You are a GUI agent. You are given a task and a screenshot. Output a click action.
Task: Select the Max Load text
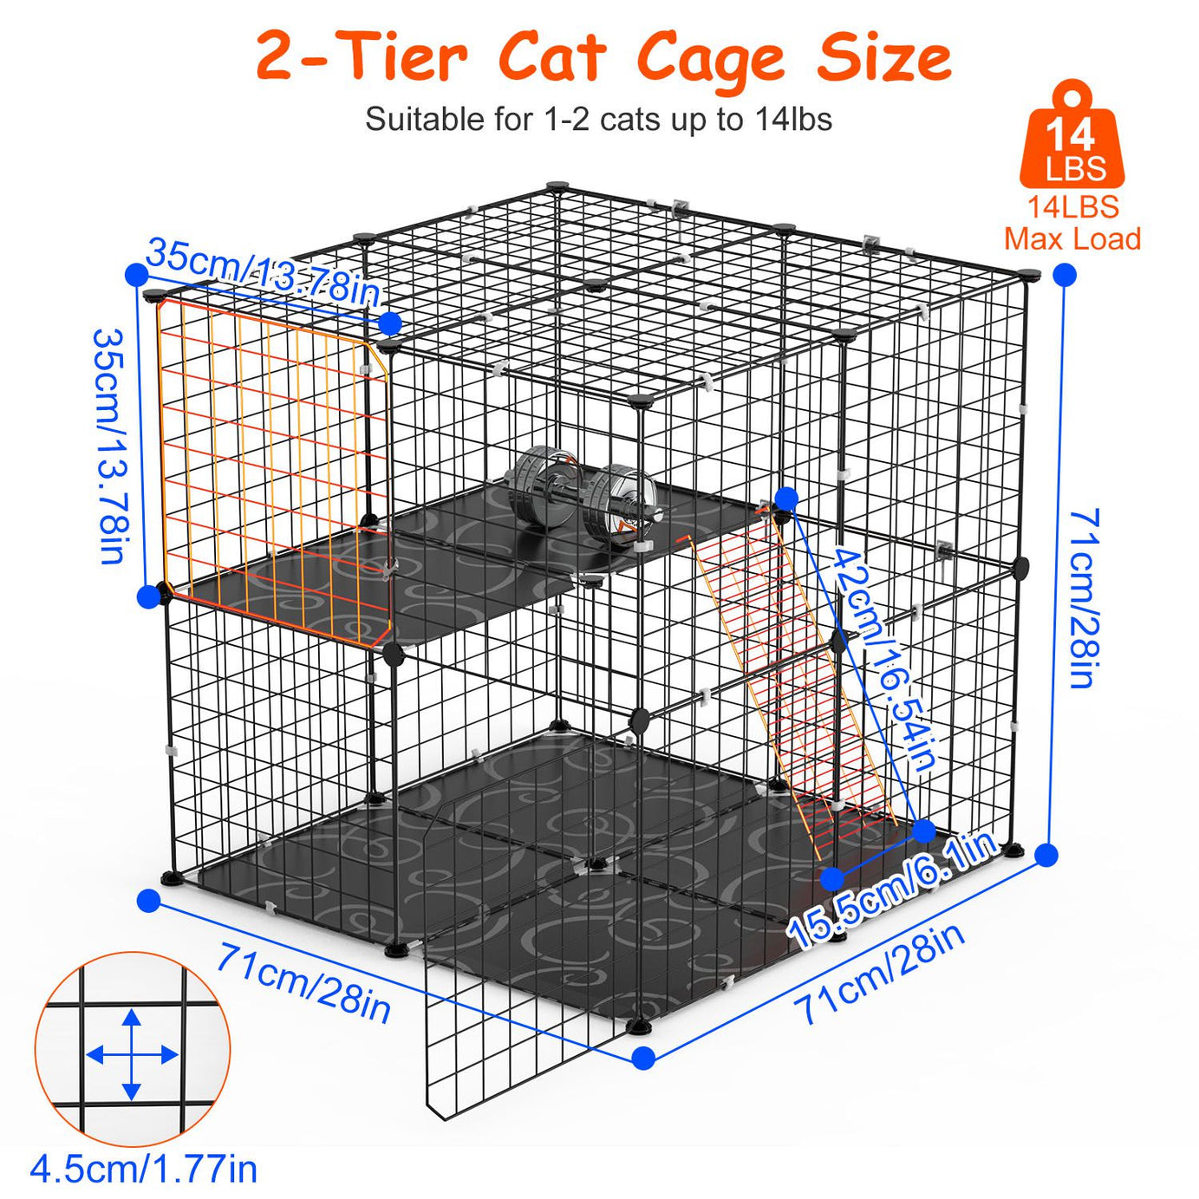pos(1072,238)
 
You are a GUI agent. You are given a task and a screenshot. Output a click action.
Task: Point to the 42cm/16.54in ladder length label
pos(883,659)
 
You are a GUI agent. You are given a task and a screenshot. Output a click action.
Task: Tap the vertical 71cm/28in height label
pos(1084,598)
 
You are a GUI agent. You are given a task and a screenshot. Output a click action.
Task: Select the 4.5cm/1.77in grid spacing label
pos(144,1169)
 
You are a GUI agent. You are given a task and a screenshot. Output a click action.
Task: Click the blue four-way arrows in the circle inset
pos(132,1054)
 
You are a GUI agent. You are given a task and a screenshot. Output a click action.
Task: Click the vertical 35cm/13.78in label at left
pos(111,446)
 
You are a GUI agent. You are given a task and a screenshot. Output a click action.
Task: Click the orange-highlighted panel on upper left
pos(273,468)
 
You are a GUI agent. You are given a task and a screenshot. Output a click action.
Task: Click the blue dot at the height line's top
pos(1065,276)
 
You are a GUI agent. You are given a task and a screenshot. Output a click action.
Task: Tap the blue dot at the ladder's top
pos(786,498)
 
